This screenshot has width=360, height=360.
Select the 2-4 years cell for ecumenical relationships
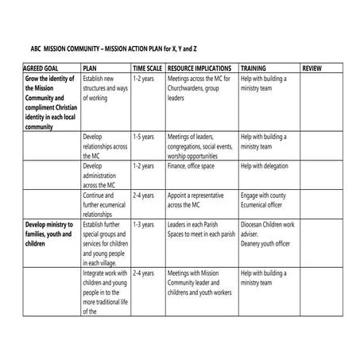143,195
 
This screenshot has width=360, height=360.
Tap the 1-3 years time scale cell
143,225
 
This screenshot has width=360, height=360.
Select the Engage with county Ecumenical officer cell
266,199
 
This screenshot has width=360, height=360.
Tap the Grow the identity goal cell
49,103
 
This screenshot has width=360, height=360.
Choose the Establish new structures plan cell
105,89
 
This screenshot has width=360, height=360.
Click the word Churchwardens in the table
191,89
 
